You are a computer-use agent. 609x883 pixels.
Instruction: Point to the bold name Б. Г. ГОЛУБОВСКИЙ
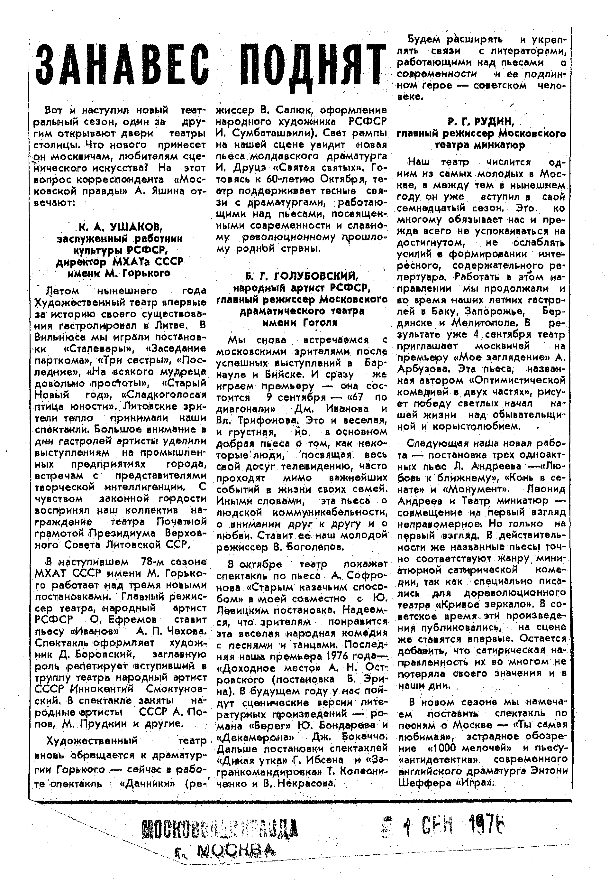pyautogui.click(x=302, y=276)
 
